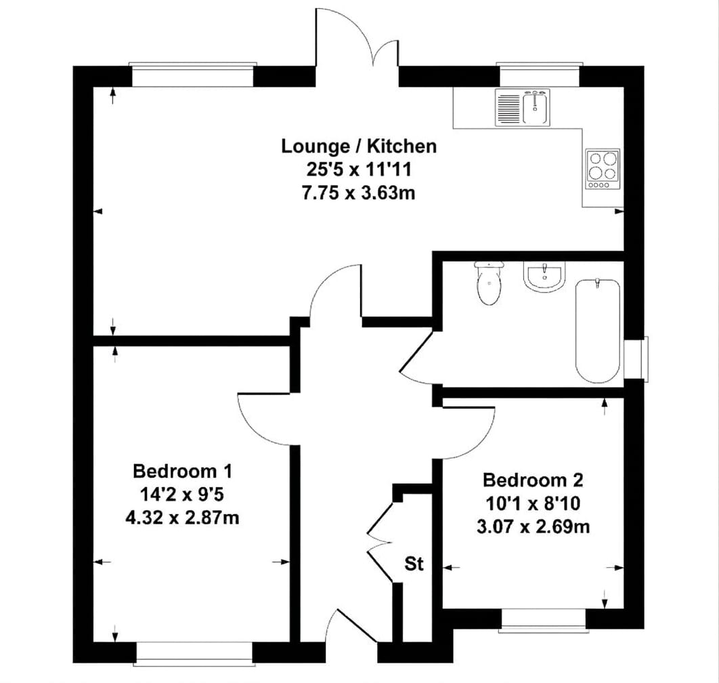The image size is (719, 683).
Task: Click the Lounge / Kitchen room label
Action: pos(359,146)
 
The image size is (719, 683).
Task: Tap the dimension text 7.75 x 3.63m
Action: pos(359,193)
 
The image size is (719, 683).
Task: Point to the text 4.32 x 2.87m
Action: pos(183,518)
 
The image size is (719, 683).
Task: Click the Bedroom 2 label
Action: pos(532,480)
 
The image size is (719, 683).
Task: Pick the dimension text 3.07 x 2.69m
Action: pos(532,526)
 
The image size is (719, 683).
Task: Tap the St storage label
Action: pos(414,564)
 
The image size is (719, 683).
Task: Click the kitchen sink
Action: pos(523,108)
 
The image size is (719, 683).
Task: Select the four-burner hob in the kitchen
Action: pos(603,169)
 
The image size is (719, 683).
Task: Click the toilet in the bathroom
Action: pos(488,283)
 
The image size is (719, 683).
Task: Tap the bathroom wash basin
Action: pos(542,278)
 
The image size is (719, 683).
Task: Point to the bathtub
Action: pos(597,331)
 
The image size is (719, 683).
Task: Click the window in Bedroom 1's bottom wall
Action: pos(194,653)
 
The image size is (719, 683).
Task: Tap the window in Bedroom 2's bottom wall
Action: pos(542,620)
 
